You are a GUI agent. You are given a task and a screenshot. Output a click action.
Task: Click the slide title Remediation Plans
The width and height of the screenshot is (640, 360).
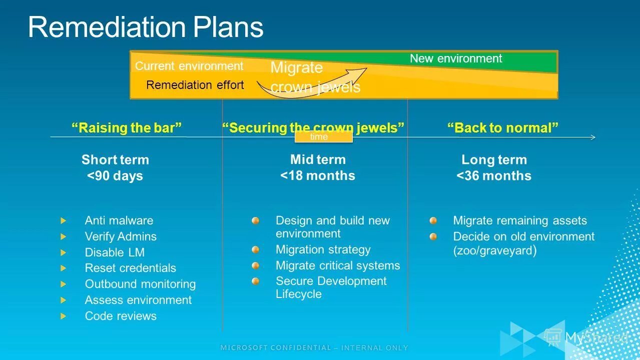[x=146, y=27]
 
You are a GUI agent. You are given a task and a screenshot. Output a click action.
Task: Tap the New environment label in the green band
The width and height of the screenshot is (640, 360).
[x=456, y=58]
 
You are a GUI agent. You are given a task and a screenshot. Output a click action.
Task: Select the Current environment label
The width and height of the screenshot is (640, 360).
[x=189, y=66]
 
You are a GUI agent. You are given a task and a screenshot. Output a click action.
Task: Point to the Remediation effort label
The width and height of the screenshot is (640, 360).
[x=195, y=85]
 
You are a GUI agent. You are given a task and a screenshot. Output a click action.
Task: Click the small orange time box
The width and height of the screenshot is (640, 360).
[x=323, y=136]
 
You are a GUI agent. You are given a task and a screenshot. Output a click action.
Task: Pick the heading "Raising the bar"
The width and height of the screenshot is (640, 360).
[x=127, y=128]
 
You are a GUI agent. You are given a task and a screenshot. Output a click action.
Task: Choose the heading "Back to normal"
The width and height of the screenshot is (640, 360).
[x=502, y=128]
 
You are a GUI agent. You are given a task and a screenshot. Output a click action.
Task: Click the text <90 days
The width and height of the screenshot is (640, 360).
[x=115, y=176]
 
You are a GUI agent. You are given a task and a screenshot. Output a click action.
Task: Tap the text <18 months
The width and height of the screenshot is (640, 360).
[x=318, y=176]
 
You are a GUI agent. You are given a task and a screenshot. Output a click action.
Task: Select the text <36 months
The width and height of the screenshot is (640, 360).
[x=494, y=176]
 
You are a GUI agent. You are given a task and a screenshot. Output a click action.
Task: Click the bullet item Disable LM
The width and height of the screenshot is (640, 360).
[x=115, y=252]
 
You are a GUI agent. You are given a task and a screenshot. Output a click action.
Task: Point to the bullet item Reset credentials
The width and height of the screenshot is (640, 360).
[x=131, y=268]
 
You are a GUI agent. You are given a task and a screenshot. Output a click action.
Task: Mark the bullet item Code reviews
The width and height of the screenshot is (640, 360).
[x=121, y=316]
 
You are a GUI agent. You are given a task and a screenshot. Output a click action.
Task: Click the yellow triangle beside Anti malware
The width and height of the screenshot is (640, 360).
[x=63, y=220]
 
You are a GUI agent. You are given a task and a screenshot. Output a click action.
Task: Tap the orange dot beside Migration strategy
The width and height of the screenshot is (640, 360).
[x=256, y=249]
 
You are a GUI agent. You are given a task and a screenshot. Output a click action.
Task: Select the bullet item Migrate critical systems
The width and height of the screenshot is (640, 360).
[x=338, y=265]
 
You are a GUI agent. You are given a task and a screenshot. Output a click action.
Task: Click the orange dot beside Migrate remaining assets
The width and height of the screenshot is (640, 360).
[x=433, y=220]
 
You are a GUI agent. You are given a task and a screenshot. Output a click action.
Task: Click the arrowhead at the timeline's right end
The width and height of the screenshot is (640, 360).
[x=593, y=137]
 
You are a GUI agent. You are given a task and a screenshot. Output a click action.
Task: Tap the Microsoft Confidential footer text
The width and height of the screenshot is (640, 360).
[x=314, y=347]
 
